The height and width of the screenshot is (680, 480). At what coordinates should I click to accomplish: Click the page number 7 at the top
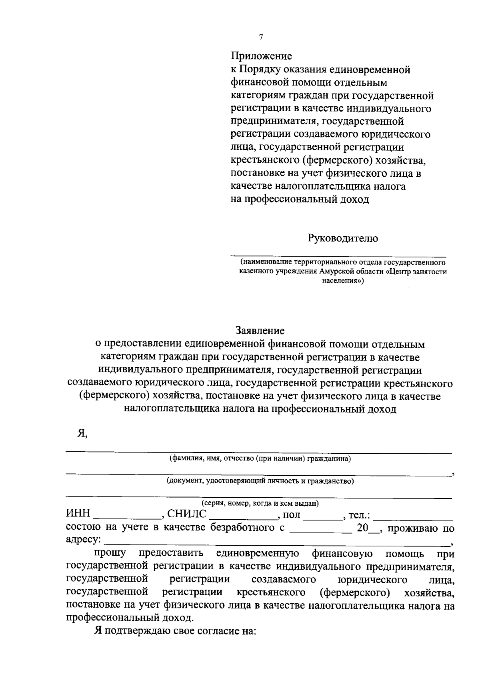[x=261, y=37]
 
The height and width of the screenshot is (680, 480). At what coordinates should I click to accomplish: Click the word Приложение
[x=261, y=56]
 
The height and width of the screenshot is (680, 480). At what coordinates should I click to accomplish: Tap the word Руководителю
[x=343, y=238]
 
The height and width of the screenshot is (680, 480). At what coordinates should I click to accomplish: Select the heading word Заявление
[x=260, y=331]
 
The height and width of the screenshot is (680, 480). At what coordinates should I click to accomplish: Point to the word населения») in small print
[x=343, y=281]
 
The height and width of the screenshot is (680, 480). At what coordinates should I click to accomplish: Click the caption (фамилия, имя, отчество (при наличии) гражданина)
[x=260, y=459]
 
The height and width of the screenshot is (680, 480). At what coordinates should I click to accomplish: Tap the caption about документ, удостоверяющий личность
[x=260, y=481]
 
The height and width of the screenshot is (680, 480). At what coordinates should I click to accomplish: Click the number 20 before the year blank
[x=362, y=528]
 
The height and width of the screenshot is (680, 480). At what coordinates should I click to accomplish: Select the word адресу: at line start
[x=83, y=540]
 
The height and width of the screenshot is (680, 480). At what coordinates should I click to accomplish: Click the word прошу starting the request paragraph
[x=110, y=554]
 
